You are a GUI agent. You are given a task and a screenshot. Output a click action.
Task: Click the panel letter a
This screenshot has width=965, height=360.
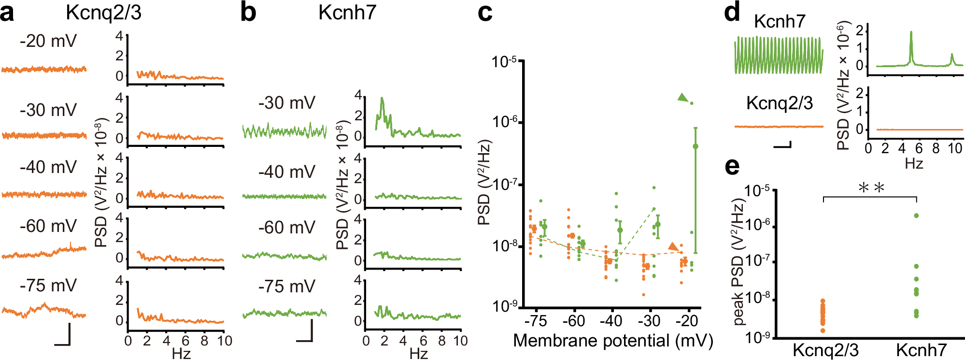click(8, 14)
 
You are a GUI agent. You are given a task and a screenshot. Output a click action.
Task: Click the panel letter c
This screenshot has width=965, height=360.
click(484, 14)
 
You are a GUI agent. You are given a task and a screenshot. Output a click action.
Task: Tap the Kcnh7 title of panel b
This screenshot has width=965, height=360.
click(347, 13)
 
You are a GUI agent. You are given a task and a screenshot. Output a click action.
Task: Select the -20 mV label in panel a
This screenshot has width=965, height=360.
click(48, 42)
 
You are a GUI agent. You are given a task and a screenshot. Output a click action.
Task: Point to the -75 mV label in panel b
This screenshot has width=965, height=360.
click(287, 287)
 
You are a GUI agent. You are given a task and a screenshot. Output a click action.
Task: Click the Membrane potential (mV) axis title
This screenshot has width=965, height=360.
click(612, 341)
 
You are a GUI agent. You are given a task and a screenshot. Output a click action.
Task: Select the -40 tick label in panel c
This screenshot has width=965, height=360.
click(611, 321)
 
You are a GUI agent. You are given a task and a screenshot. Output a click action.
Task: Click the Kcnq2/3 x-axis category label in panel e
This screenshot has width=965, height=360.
click(825, 350)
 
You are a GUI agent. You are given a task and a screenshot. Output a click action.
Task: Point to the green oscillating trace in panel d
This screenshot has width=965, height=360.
click(778, 56)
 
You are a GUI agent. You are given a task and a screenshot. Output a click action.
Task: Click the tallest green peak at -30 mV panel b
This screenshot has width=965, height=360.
click(382, 99)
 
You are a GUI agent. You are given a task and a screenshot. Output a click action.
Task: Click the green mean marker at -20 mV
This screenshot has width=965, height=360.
click(695, 146)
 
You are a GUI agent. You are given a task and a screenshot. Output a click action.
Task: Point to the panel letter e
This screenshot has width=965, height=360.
click(732, 167)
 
